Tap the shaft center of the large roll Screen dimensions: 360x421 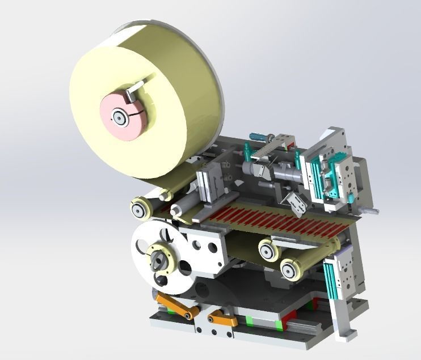coord(120,117)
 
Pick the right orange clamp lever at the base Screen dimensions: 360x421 coord(222,320)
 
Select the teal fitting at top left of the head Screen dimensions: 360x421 coord(247,150)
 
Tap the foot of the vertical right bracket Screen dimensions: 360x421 coord(346,334)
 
